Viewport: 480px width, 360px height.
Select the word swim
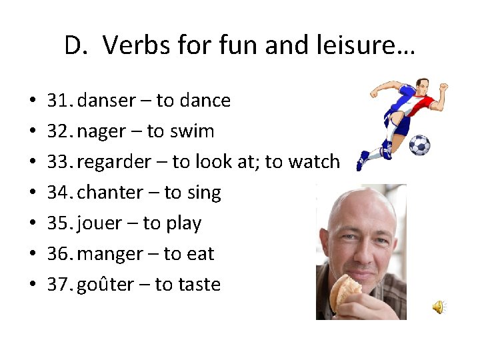191,131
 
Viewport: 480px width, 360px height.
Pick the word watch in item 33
313,162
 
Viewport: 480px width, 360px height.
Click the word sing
203,193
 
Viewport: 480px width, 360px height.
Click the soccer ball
419,145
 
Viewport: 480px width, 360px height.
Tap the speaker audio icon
439,306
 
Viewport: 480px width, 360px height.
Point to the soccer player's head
421,86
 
